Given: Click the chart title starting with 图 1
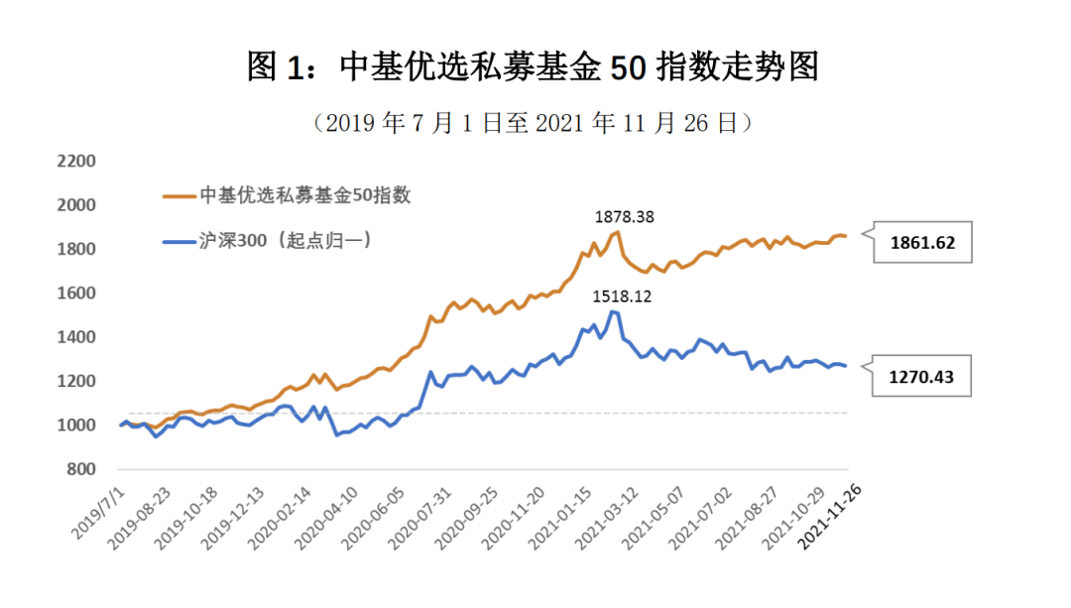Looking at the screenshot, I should [x=535, y=67].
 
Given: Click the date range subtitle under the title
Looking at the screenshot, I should [x=535, y=123].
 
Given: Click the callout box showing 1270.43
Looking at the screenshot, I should [x=922, y=377].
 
